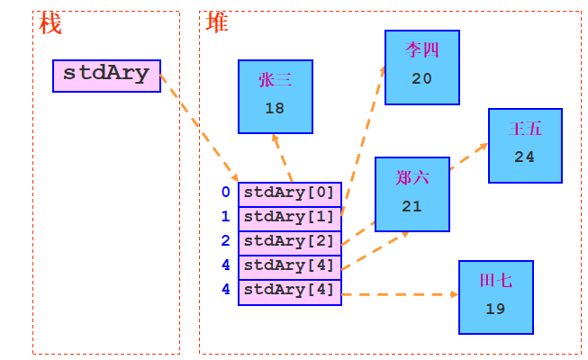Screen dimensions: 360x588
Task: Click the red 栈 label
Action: (x=50, y=23)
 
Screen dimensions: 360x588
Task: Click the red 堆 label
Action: (x=217, y=23)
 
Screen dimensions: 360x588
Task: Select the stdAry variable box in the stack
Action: (x=106, y=75)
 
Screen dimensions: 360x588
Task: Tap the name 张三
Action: (x=275, y=80)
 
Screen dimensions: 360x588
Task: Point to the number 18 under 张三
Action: (x=275, y=108)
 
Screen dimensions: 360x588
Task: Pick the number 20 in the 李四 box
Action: (x=421, y=78)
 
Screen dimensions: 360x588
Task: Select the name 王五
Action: (x=525, y=129)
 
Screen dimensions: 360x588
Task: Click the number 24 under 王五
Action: (x=525, y=157)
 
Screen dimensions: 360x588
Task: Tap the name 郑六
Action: (x=412, y=177)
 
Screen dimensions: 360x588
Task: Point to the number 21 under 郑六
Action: (x=412, y=206)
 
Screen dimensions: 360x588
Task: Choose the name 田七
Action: (x=495, y=281)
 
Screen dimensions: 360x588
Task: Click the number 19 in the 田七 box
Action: (x=495, y=309)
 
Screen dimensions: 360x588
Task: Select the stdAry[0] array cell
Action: (x=289, y=193)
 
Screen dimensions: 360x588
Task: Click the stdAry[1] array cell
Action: (x=289, y=217)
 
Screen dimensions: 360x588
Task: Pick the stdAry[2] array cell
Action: (x=289, y=241)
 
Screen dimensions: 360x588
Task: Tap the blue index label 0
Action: (x=225, y=193)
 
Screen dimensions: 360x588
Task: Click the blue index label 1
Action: (x=225, y=217)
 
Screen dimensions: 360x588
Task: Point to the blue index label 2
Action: (x=225, y=241)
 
